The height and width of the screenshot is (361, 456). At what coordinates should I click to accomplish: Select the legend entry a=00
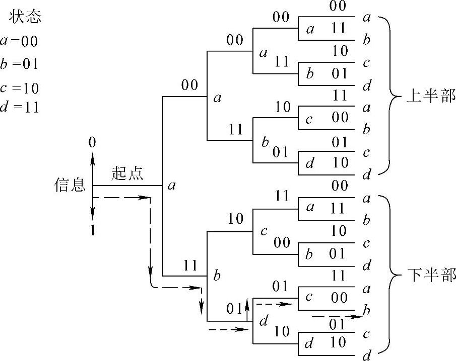(x=20, y=41)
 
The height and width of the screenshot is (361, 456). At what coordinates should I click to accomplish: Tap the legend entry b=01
(x=20, y=65)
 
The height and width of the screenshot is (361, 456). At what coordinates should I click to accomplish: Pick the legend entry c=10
(x=20, y=88)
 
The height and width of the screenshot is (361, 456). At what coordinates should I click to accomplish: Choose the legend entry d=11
(x=20, y=108)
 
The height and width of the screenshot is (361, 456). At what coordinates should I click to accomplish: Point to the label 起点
(x=127, y=173)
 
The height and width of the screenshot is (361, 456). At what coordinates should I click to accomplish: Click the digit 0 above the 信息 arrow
(x=92, y=143)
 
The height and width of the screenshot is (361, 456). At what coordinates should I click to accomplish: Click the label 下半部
(x=431, y=276)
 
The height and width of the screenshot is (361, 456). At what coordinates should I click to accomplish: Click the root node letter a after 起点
(x=171, y=186)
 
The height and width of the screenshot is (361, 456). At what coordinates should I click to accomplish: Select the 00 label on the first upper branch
(x=189, y=85)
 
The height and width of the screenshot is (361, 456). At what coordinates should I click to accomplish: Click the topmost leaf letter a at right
(x=367, y=18)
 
